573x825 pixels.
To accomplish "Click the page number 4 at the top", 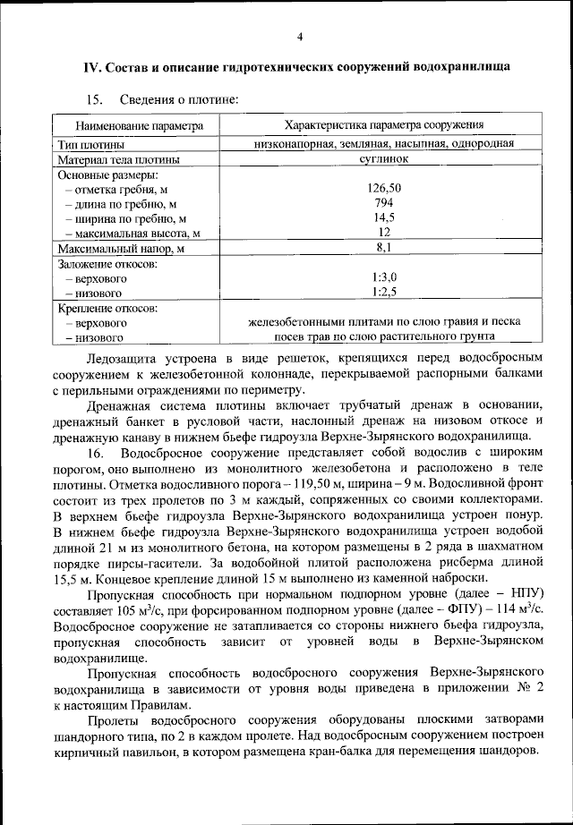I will [x=300, y=37].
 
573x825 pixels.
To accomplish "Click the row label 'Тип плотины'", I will [x=91, y=143].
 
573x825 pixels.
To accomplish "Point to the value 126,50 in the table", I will [x=384, y=188].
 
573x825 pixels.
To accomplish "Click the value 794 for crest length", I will [x=384, y=202].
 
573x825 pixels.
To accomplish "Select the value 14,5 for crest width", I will [x=384, y=217].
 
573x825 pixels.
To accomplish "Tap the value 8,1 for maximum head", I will [x=384, y=247].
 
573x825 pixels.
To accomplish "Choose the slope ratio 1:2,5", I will [x=384, y=292].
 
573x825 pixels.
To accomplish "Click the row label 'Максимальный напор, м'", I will [x=121, y=248].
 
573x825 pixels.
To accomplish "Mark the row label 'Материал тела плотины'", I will [x=118, y=159].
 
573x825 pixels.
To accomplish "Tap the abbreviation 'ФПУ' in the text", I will [x=469, y=609].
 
